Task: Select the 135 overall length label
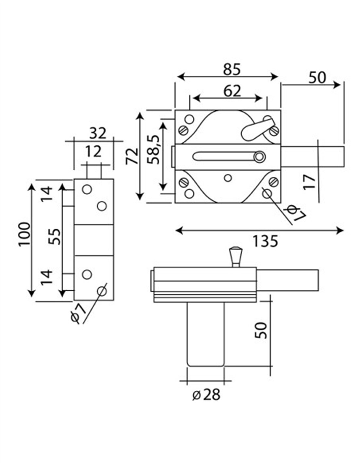pos(265,241)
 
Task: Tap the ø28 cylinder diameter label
pos(206,395)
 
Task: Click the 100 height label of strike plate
pos(24,235)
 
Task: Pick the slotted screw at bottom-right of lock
pos(273,181)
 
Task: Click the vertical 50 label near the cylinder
pos(261,330)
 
